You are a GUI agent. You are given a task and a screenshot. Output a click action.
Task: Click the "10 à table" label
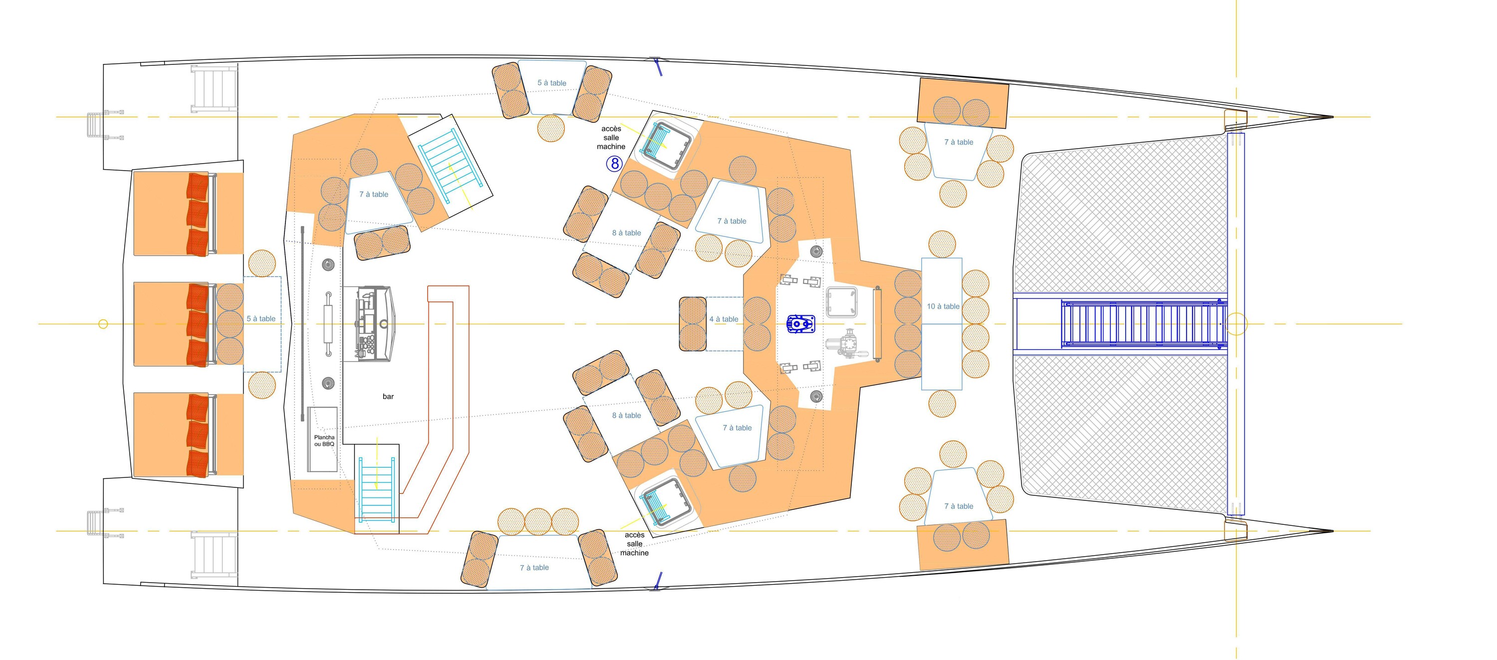(x=943, y=306)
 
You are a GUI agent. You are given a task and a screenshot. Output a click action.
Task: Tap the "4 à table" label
(x=724, y=319)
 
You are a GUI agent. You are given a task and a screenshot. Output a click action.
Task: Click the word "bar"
(x=388, y=396)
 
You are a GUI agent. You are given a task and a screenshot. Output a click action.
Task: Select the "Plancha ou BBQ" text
(x=324, y=440)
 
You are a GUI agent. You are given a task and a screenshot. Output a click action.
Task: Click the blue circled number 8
(x=614, y=164)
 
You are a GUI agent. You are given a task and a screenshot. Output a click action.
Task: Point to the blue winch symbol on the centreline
(x=800, y=324)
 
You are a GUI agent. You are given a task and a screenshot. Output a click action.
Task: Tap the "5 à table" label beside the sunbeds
(x=261, y=318)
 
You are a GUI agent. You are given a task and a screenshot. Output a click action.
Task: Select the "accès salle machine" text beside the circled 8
(x=611, y=138)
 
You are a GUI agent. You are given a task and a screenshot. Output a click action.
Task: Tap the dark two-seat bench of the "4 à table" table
(x=692, y=324)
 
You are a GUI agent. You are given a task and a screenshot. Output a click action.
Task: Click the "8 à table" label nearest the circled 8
(x=626, y=233)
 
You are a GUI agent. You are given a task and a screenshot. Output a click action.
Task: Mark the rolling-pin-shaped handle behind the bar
(x=328, y=324)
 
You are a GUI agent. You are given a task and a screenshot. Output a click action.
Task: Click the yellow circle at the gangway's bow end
(x=1236, y=324)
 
